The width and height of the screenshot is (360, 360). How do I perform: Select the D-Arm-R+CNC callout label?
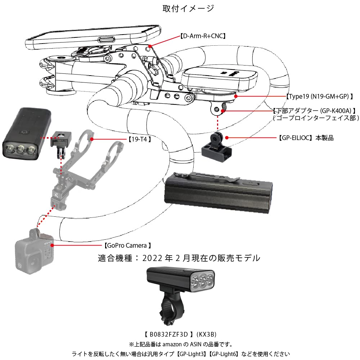pyautogui.click(x=203, y=36)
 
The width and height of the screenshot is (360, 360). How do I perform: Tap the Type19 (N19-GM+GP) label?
pyautogui.click(x=319, y=96)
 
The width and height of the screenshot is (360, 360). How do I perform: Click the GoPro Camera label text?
pyautogui.click(x=127, y=246)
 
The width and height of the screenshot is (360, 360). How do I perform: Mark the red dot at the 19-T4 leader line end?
pyautogui.click(x=92, y=139)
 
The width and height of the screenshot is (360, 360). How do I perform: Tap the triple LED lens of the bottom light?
pyautogui.click(x=203, y=280)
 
